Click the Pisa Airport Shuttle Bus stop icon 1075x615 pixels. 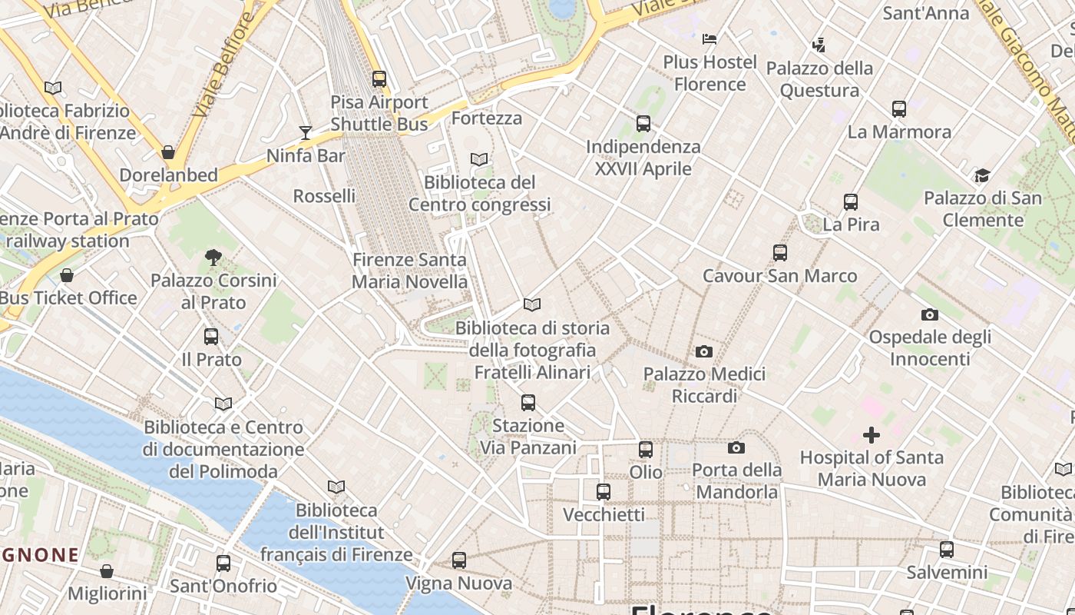click(x=379, y=78)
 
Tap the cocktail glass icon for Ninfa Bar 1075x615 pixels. click(x=306, y=132)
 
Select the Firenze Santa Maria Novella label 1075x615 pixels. click(x=409, y=271)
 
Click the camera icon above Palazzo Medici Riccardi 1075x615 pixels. click(x=703, y=352)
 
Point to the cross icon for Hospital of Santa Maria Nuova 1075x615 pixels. click(x=872, y=435)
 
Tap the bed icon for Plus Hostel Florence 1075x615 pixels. click(x=709, y=38)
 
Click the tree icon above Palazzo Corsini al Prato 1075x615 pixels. click(x=213, y=258)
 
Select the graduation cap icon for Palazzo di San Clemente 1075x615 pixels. click(x=982, y=175)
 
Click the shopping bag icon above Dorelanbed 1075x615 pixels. click(x=168, y=152)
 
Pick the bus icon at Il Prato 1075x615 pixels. click(x=211, y=337)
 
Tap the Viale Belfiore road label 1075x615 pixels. click(x=222, y=67)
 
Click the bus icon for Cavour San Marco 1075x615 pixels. click(x=780, y=253)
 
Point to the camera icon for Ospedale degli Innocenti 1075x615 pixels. click(x=929, y=314)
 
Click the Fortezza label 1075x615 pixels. click(x=487, y=118)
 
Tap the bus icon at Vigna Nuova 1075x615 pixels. click(x=459, y=560)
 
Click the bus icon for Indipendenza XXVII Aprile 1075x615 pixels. click(x=643, y=124)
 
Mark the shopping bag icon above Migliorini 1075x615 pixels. click(x=107, y=571)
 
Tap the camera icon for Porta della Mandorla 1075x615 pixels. click(x=736, y=447)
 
